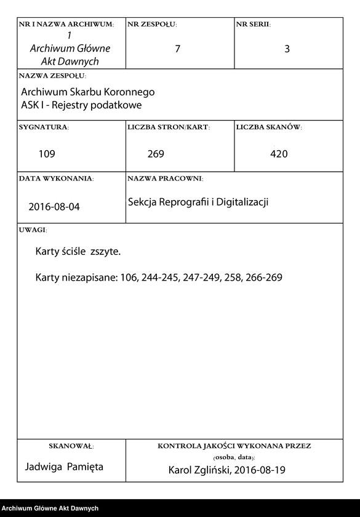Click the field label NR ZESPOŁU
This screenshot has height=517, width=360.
[151, 25]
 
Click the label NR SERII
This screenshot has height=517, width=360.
[253, 25]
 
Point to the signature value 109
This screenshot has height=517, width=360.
[47, 154]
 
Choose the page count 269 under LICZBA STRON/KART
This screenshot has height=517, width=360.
[156, 154]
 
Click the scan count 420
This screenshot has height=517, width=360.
[279, 154]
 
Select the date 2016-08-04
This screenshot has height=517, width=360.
[54, 207]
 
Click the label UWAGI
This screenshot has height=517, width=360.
[33, 230]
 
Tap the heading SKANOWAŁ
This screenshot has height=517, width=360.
[71, 445]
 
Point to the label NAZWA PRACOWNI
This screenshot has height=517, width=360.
[165, 178]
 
